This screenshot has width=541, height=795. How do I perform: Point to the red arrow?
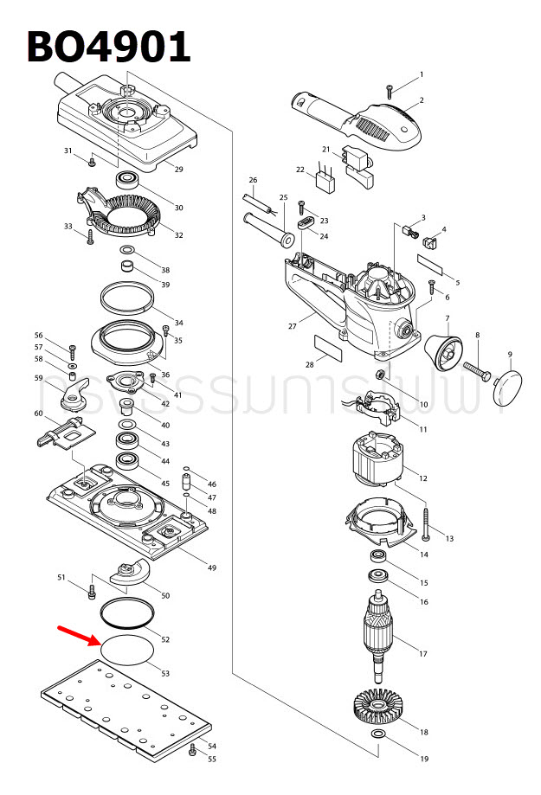tap(77, 636)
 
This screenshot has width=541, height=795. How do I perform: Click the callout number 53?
tap(165, 672)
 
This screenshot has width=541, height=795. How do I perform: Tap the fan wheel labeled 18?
tap(377, 708)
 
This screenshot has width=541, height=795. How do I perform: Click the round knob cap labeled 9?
tap(513, 388)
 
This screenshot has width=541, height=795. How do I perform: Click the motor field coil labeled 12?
tap(374, 465)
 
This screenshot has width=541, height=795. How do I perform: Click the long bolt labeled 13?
tap(428, 521)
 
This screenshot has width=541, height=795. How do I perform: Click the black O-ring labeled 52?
tap(127, 615)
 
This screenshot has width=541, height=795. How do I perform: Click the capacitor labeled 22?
tap(326, 183)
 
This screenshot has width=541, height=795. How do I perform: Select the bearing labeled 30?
tap(131, 181)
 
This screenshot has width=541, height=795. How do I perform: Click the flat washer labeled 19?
tap(377, 734)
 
